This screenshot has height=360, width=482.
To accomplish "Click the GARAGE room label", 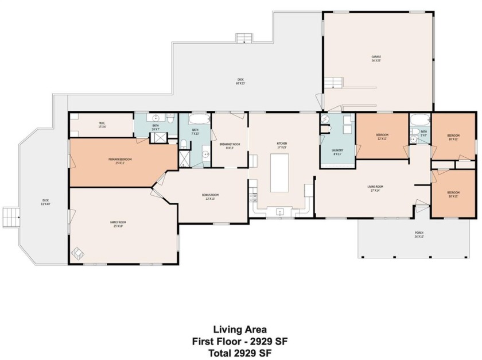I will coord(376,58).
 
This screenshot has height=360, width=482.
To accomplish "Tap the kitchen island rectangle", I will coord(279,173).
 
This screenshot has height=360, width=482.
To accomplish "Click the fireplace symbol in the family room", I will coord(77,251).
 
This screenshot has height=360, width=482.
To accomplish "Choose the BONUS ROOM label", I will coord(210,196).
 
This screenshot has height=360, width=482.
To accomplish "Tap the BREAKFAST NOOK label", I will coord(230,146).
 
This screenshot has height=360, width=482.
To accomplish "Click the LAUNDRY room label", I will coord(337,152).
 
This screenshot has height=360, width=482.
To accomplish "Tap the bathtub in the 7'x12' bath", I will coord(200,121).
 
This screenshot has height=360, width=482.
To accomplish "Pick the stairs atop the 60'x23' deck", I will coord(244,38).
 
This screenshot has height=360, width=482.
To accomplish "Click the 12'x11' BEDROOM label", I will coord(382,137).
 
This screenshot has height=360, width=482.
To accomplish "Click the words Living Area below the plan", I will coord(240,330).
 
